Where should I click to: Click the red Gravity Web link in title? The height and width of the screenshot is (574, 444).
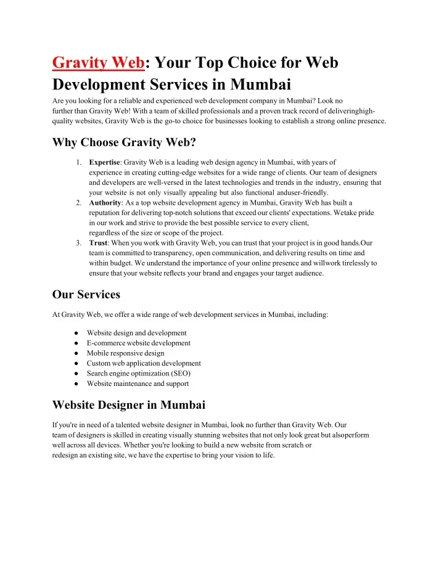[99, 63]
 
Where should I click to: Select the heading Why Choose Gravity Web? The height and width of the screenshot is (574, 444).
[124, 143]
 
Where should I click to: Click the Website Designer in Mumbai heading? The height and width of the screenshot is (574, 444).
[129, 405]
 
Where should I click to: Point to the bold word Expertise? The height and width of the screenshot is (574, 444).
[104, 162]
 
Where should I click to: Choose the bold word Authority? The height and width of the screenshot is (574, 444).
[105, 202]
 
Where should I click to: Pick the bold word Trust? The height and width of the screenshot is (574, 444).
[97, 243]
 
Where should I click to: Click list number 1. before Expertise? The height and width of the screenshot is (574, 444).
[79, 162]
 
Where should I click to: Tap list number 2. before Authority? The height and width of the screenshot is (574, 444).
[79, 202]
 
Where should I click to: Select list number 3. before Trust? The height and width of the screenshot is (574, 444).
[79, 243]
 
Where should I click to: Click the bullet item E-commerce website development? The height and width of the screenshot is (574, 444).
[138, 343]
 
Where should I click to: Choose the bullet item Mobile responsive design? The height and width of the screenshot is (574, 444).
[125, 353]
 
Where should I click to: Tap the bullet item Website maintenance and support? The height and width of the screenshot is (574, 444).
[138, 383]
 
